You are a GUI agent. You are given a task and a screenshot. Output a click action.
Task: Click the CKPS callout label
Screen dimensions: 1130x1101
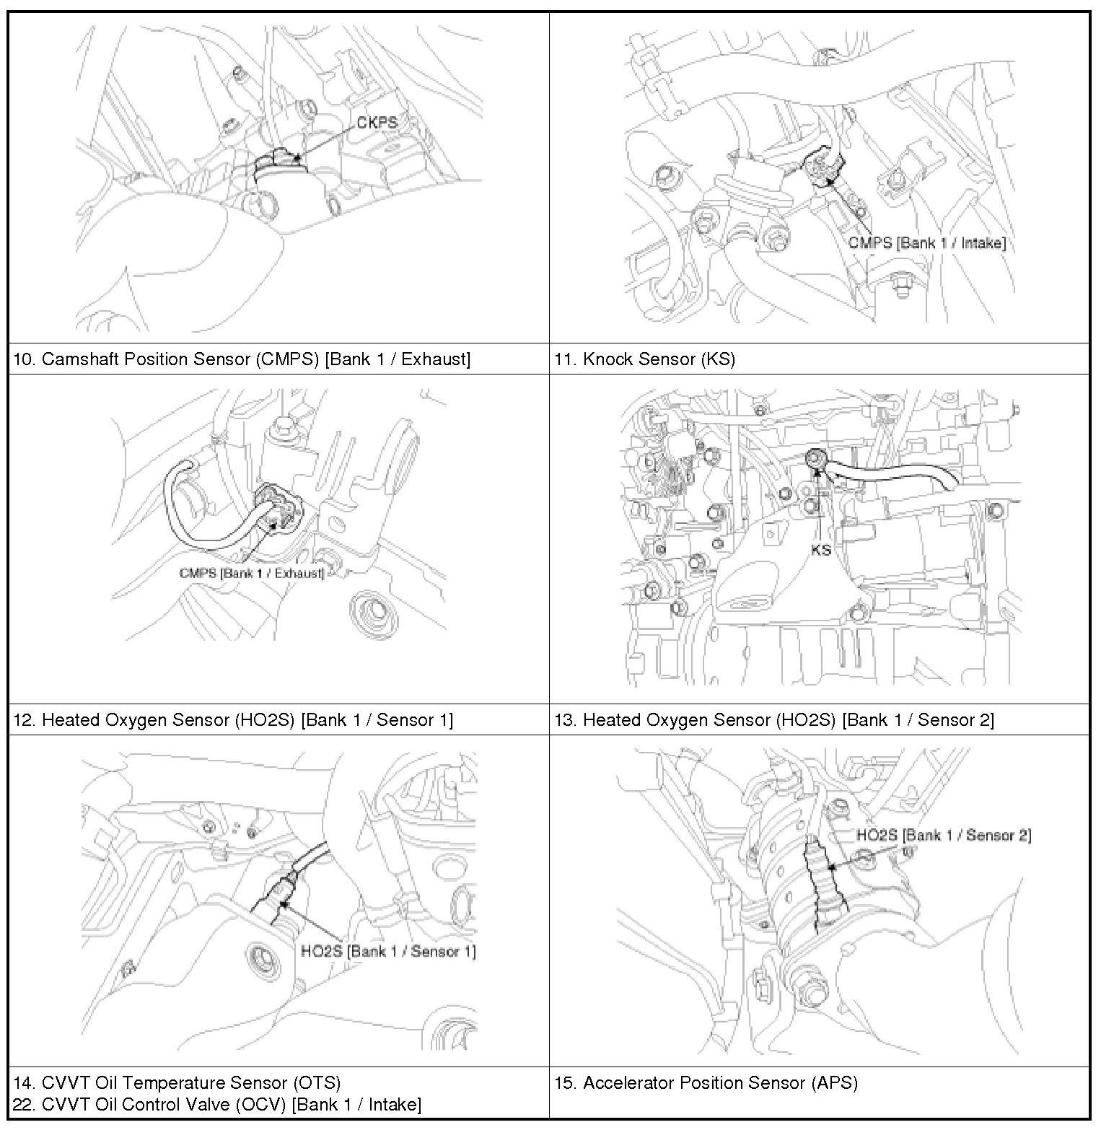(377, 123)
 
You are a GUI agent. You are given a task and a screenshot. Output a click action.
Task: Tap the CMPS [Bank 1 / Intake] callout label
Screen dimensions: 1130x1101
(926, 243)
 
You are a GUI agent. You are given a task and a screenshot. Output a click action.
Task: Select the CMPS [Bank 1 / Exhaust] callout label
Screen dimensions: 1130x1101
(251, 573)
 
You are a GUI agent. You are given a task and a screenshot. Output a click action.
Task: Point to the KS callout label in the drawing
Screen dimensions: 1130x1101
(821, 550)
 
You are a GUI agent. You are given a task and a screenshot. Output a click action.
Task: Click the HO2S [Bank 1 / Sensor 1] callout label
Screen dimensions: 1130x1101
(388, 951)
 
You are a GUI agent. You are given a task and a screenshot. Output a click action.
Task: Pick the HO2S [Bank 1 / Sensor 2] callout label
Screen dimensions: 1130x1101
(943, 835)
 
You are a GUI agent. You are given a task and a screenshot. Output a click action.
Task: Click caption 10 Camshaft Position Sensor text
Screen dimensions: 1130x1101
(242, 359)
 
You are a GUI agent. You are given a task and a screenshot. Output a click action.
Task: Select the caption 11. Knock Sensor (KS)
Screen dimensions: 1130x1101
(644, 359)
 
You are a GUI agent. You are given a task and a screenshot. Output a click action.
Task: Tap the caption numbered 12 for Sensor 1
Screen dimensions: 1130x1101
(233, 720)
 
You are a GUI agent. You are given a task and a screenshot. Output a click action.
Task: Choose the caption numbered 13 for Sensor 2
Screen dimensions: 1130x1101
(773, 720)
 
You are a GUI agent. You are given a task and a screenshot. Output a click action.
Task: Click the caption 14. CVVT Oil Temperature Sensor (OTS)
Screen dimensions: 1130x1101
(177, 1082)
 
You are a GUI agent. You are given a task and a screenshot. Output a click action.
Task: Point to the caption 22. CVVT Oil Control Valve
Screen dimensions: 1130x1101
(216, 1104)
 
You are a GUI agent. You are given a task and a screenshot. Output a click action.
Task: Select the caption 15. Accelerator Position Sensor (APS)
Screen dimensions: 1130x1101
(706, 1082)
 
